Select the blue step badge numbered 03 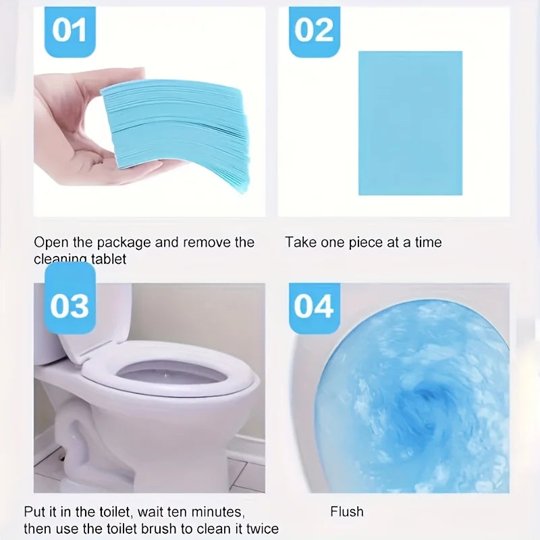coord(69,306)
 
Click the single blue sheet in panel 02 coord(410,123)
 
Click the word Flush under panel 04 coord(347,512)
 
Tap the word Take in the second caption coord(300,242)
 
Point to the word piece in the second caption coord(365,242)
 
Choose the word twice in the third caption coord(261,529)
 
